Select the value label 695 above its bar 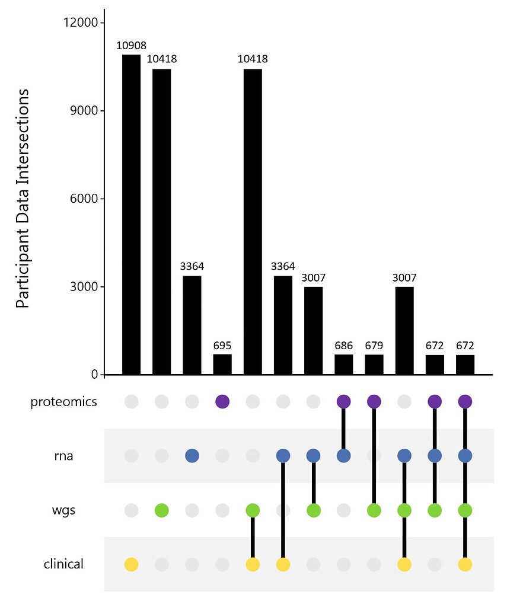[x=222, y=346]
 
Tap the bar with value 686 [x=344, y=365]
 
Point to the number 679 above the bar [x=374, y=346]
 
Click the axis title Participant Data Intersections [x=23, y=199]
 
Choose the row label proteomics [x=63, y=402]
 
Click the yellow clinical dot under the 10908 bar [x=131, y=564]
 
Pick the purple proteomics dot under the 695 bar [x=222, y=402]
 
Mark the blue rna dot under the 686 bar [x=344, y=456]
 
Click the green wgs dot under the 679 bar [x=374, y=510]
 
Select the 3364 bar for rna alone [x=192, y=325]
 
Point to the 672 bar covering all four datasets [x=465, y=365]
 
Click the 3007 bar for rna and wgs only [x=313, y=331]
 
